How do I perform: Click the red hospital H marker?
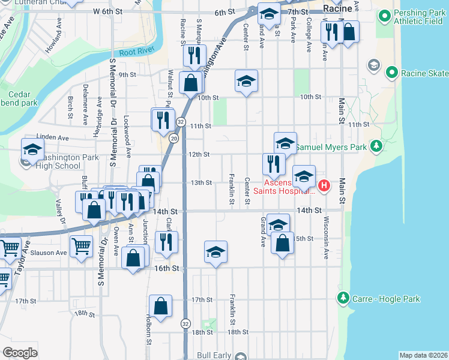coord(324,185)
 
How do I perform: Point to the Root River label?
coord(133,53)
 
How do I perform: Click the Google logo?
coord(20,353)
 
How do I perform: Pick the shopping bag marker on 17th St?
coord(161,305)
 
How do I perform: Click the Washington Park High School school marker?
coord(32,149)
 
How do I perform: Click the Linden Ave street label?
coord(53,137)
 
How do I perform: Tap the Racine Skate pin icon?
coord(392,73)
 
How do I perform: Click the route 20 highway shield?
coord(173,139)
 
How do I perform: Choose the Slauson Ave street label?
coord(52,253)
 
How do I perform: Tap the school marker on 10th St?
coord(246,82)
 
